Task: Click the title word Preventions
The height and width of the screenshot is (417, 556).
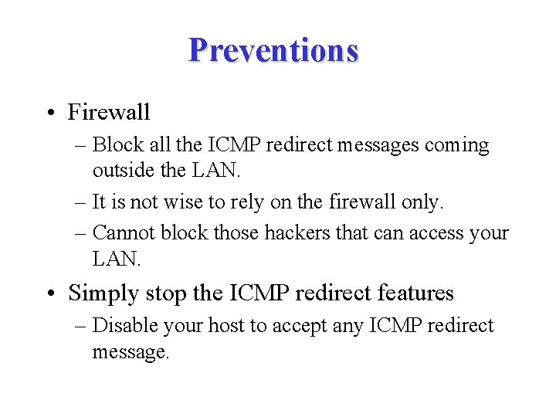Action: coord(273,50)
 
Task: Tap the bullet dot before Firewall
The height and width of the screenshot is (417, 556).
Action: coord(50,113)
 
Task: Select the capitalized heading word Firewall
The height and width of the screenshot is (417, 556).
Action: coord(109,113)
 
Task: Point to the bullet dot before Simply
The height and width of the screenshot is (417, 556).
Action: coord(50,294)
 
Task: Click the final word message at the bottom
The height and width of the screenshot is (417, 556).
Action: coord(130,352)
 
